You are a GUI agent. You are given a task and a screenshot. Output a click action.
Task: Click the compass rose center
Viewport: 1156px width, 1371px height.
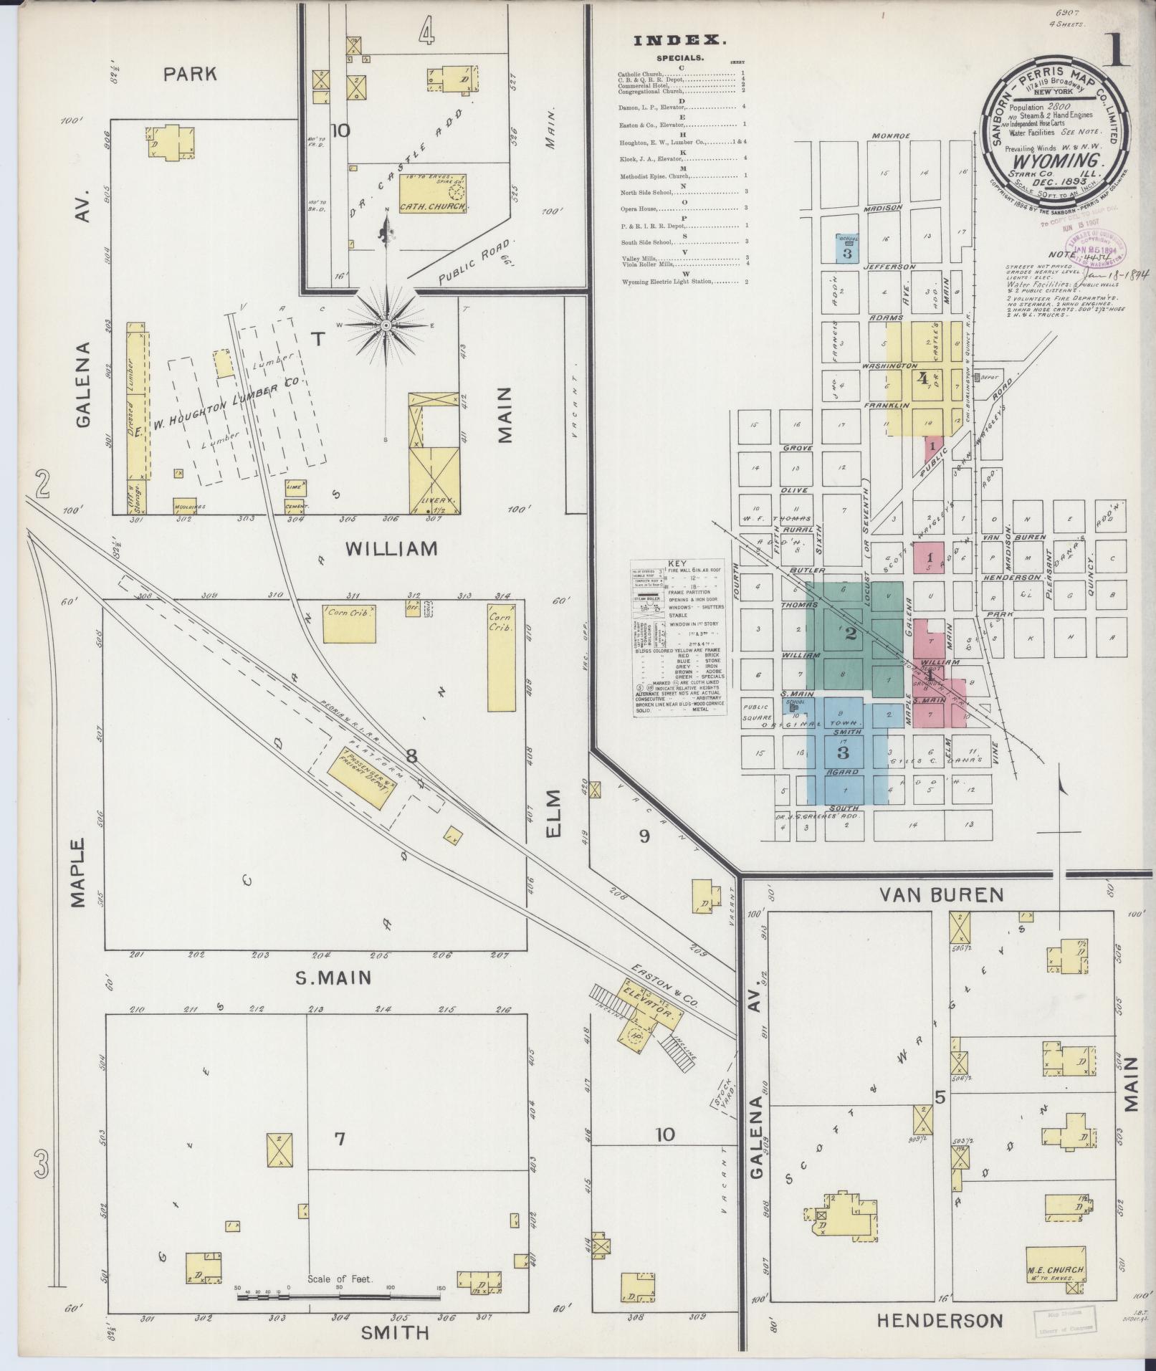(386, 325)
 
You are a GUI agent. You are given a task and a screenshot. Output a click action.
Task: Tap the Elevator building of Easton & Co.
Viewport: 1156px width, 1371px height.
(649, 1017)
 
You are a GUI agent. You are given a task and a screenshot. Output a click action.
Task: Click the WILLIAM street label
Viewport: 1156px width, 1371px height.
(391, 549)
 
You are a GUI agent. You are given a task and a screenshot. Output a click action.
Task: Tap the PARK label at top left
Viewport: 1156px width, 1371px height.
(190, 73)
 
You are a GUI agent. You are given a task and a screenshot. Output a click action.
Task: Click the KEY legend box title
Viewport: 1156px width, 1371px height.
(677, 564)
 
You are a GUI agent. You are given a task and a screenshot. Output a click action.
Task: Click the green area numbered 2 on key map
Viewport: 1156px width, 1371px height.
(851, 634)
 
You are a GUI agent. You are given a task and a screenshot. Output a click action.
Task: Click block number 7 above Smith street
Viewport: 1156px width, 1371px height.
(340, 1138)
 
